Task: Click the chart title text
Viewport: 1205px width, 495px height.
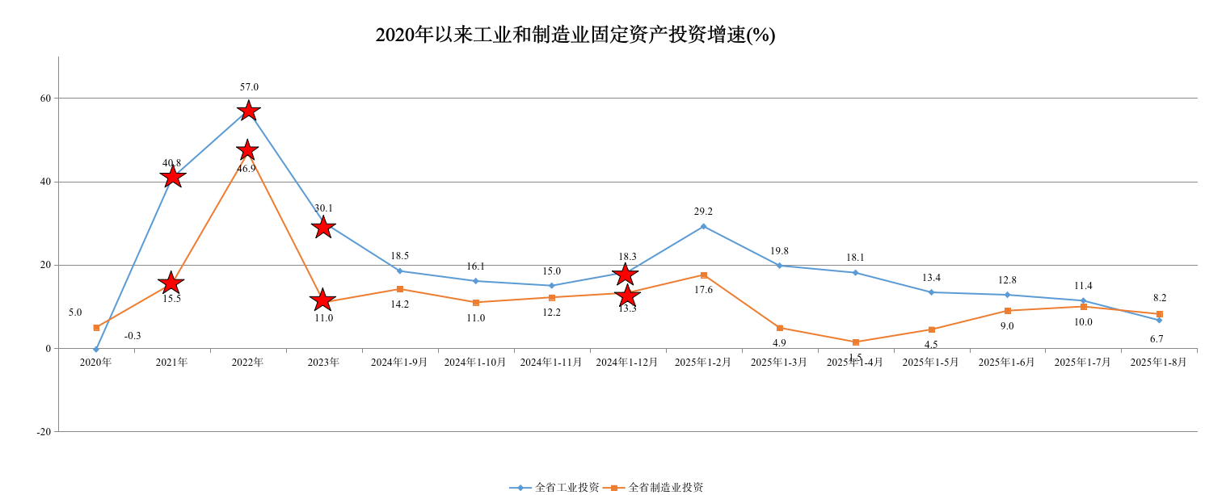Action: [x=575, y=35]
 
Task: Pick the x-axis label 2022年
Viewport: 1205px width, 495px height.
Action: [x=247, y=363]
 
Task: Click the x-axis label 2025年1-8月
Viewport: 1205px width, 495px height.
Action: [x=1158, y=363]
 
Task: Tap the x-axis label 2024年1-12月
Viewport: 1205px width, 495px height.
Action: [x=627, y=363]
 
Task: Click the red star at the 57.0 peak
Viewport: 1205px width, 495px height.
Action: [x=248, y=111]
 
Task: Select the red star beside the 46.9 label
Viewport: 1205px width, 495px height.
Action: [x=247, y=150]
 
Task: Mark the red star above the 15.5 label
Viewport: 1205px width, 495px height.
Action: [x=171, y=283]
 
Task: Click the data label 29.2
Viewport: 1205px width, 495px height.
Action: [x=703, y=212]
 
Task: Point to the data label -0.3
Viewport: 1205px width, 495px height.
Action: [x=133, y=336]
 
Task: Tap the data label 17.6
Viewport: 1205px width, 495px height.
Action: [x=703, y=290]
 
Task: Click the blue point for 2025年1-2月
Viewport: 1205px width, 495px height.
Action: [x=703, y=226]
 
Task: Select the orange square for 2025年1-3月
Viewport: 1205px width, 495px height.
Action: [x=779, y=328]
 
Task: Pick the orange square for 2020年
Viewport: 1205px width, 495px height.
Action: [x=96, y=328]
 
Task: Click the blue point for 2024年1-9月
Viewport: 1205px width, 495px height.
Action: [x=399, y=271]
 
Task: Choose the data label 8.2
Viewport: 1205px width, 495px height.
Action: [x=1160, y=298]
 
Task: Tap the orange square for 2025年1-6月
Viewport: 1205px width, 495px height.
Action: [x=1007, y=311]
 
